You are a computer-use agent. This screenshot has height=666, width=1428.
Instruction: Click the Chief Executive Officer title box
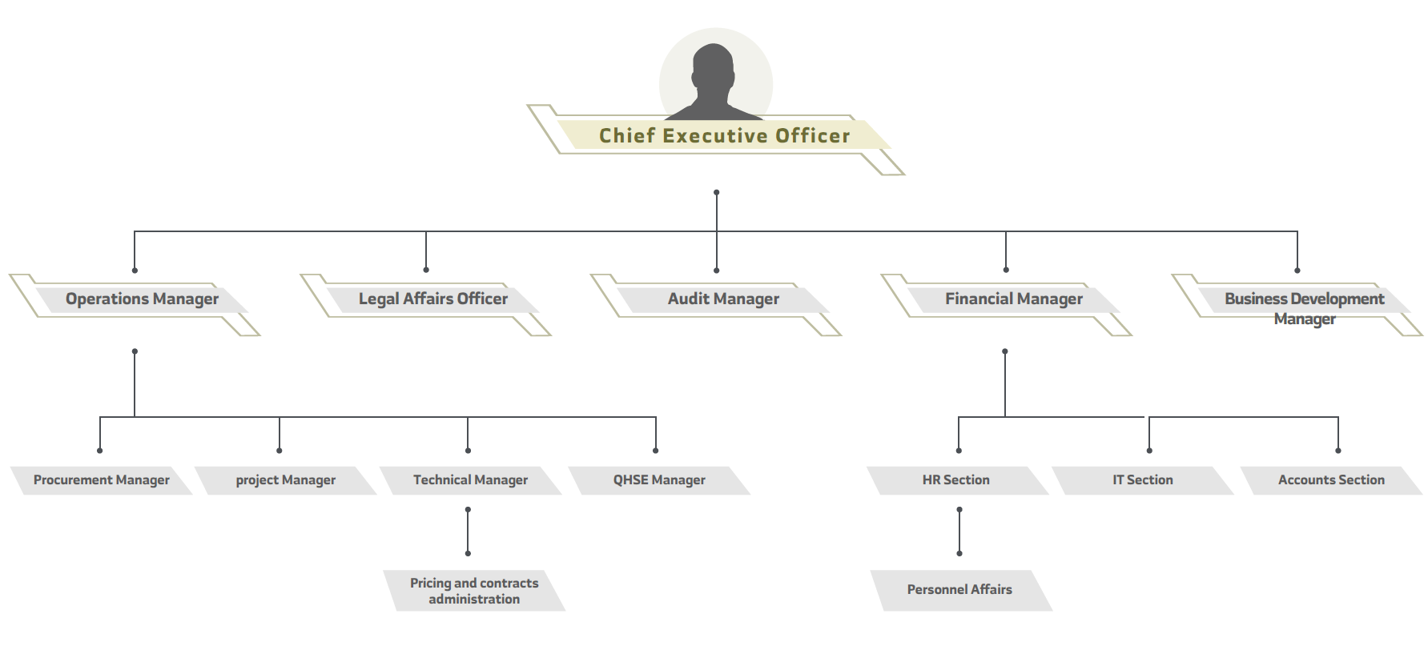724,136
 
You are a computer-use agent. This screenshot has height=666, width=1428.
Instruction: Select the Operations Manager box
142,299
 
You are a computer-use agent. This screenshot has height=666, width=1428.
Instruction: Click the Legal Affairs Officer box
432,299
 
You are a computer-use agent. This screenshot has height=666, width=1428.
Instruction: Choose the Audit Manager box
723,299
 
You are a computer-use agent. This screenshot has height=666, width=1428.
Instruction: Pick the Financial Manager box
1013,299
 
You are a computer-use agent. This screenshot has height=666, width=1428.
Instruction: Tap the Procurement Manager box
102,480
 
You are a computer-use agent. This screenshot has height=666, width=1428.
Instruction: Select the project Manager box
286,480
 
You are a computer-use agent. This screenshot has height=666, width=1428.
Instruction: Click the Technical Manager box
471,480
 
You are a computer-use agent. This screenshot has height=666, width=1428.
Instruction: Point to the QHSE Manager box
659,480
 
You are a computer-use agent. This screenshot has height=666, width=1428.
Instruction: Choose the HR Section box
956,480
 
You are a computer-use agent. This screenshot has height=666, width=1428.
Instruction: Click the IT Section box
1143,480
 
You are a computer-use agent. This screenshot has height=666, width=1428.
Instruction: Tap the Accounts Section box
1331,480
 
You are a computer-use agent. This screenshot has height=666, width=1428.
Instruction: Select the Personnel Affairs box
959,590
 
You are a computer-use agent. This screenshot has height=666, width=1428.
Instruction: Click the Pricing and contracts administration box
474,591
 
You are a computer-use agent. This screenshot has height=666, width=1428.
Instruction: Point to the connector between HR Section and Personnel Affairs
959,532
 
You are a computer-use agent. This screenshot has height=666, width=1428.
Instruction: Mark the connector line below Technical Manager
468,532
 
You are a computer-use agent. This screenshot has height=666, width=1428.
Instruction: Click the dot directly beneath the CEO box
717,193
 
